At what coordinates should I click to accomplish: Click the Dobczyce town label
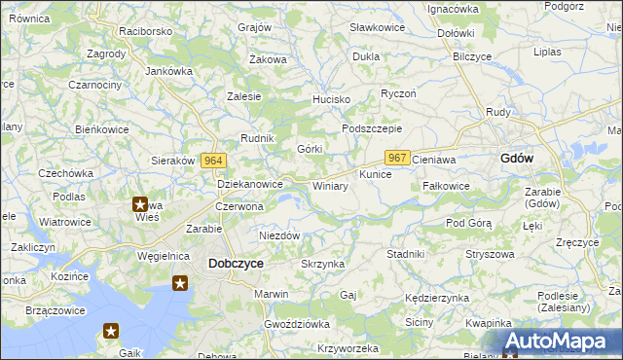pos(236,263)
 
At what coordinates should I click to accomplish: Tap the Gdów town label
pos(516,159)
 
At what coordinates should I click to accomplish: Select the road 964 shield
pos(215,161)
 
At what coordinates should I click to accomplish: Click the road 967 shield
pos(396,158)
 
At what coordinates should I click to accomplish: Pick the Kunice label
pos(375,174)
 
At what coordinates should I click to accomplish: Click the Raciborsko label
pos(146,31)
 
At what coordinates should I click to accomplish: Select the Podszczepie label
pos(372,129)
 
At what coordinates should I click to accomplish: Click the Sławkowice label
pos(377,27)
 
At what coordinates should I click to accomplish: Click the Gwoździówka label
pos(297,323)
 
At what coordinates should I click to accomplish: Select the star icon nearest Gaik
pos(110,331)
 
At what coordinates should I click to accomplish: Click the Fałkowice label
pos(447,185)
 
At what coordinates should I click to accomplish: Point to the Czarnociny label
pos(94,85)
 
